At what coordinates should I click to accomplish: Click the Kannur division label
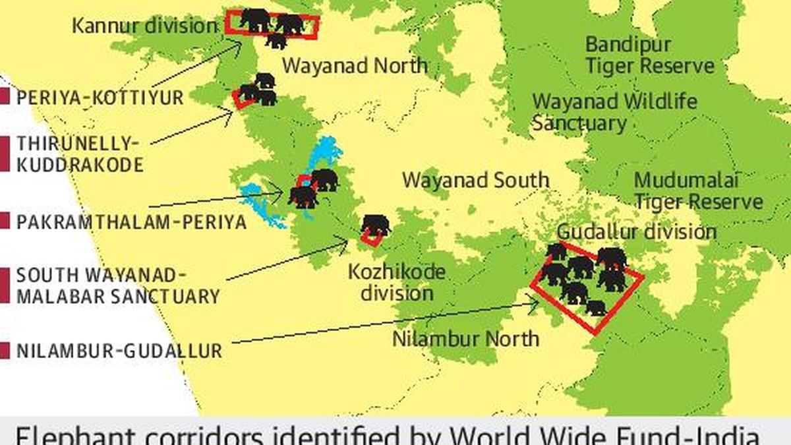(x=144, y=26)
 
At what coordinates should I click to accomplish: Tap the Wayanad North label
(x=355, y=66)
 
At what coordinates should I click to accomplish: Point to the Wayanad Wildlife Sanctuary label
(x=614, y=112)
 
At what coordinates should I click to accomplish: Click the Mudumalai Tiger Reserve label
(x=698, y=191)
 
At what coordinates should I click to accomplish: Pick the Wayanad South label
(x=475, y=180)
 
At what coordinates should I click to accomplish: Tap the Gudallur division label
(x=636, y=232)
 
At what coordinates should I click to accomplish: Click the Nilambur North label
(x=465, y=339)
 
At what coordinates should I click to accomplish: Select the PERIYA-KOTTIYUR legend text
(x=100, y=98)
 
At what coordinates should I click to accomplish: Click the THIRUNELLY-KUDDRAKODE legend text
(x=80, y=154)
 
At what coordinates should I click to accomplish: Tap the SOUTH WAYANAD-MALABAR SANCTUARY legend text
(x=117, y=286)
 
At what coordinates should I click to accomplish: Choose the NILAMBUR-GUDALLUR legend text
(x=119, y=351)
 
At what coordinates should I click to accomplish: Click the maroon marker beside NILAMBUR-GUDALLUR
(x=5, y=351)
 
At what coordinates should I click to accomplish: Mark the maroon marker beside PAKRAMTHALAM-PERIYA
(x=5, y=221)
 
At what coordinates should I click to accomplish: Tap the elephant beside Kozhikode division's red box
(x=376, y=224)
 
